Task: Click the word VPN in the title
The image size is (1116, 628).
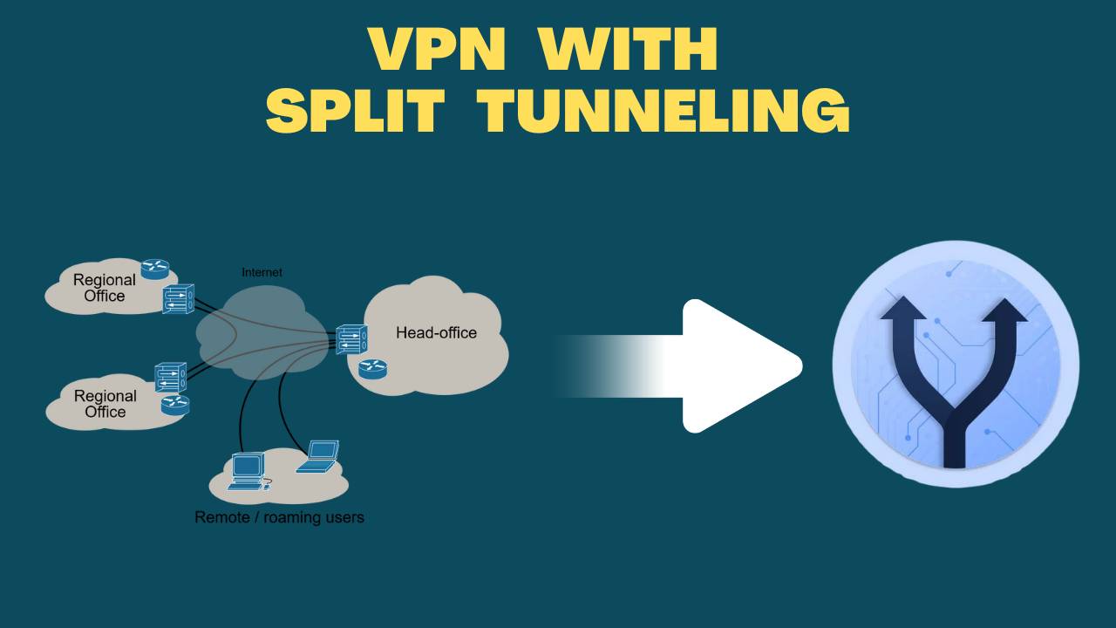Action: point(436,50)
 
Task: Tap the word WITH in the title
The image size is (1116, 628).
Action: point(628,50)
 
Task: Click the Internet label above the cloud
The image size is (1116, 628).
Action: point(262,273)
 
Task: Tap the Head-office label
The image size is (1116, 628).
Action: point(436,332)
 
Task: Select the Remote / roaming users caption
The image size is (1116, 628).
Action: point(279,517)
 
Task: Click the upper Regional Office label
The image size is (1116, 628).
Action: point(105,288)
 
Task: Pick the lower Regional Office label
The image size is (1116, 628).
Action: point(105,404)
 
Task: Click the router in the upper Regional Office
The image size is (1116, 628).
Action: point(155,269)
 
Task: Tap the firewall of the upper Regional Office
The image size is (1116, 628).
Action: point(178,299)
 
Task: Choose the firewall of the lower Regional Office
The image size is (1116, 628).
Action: point(170,377)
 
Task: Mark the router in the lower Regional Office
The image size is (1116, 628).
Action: point(175,405)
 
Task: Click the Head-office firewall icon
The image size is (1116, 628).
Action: point(351,338)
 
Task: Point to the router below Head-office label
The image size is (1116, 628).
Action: point(372,369)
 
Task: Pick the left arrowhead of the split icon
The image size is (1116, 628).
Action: point(903,312)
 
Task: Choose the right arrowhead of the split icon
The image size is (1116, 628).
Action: point(1004,312)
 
